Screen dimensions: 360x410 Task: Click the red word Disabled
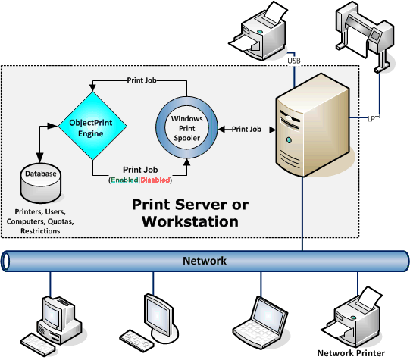[x=156, y=180]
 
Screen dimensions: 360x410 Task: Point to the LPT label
[x=373, y=118]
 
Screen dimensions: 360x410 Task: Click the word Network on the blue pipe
[x=205, y=261]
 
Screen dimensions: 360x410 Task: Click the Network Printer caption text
[x=351, y=353]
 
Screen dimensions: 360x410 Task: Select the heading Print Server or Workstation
[x=185, y=213]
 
